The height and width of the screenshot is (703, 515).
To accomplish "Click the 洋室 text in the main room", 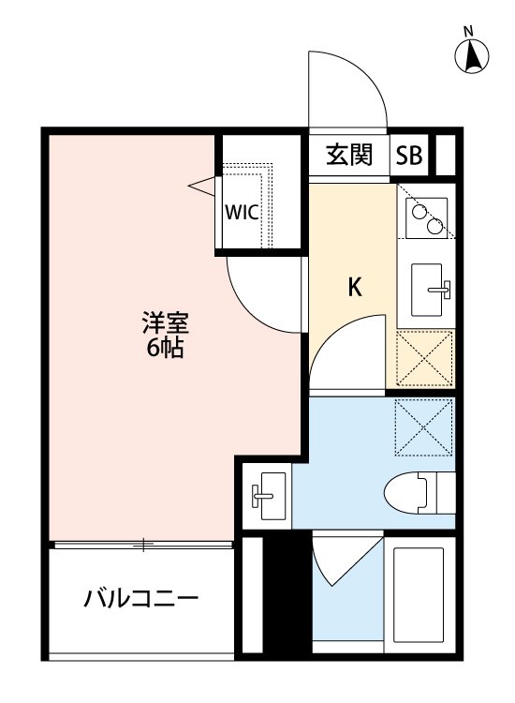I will (165, 324).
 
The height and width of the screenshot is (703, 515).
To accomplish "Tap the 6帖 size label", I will (165, 350).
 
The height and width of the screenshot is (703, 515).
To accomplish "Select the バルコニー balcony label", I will (140, 596).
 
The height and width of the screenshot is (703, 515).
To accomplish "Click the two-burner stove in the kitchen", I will (425, 217).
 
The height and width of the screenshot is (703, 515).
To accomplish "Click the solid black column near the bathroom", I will (276, 594).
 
